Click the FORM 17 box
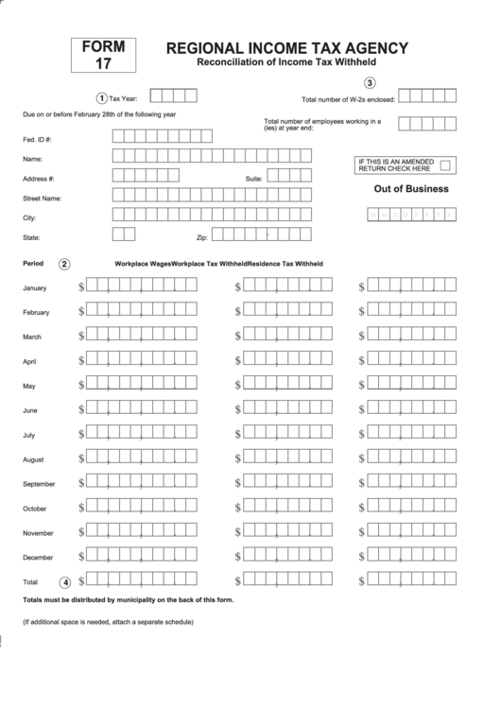click(103, 56)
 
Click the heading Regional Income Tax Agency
click(287, 48)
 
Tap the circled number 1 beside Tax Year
click(102, 97)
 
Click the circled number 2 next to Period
click(64, 264)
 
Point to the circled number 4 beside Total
click(64, 581)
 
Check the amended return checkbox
click(446, 165)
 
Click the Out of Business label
click(411, 189)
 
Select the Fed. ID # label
click(37, 139)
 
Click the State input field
click(124, 235)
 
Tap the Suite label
click(253, 178)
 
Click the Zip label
click(200, 237)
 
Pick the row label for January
click(35, 287)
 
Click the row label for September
click(39, 483)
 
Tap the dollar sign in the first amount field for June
click(82, 409)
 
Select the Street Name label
click(42, 199)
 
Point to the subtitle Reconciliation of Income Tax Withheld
click(285, 62)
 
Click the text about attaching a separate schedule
click(108, 622)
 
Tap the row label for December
click(38, 557)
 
